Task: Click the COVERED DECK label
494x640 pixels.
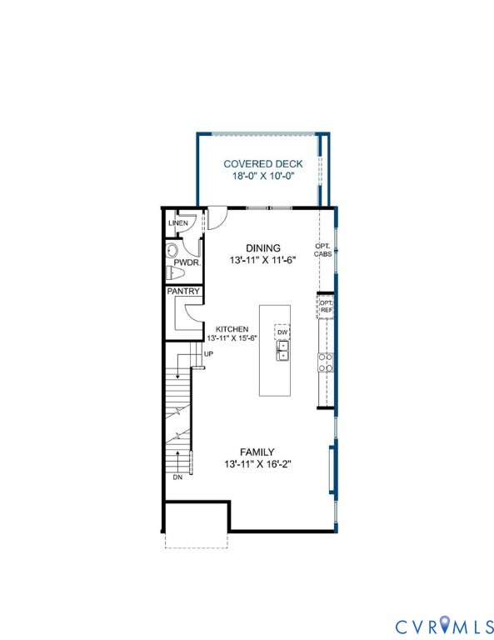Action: click(263, 163)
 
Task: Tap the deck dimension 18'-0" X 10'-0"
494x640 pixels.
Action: click(263, 176)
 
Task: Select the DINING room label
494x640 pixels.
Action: click(263, 247)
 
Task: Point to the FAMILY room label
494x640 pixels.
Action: click(257, 452)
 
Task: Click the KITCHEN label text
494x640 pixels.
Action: click(232, 329)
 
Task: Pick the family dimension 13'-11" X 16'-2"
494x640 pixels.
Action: click(257, 464)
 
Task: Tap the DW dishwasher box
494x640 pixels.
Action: click(282, 332)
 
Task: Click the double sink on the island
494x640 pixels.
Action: click(282, 351)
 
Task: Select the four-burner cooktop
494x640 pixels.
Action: click(326, 362)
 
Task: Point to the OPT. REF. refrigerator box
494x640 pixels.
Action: click(326, 307)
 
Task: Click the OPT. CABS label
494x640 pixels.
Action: click(322, 250)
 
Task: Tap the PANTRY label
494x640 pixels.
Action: click(183, 292)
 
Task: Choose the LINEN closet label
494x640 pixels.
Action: click(178, 223)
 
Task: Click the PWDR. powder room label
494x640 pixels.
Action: click(187, 262)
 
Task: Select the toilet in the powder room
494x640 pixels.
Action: click(176, 272)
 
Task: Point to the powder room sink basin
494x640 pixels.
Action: click(172, 250)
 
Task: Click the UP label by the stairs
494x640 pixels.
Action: click(208, 354)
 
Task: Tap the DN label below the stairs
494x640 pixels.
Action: click(177, 477)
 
